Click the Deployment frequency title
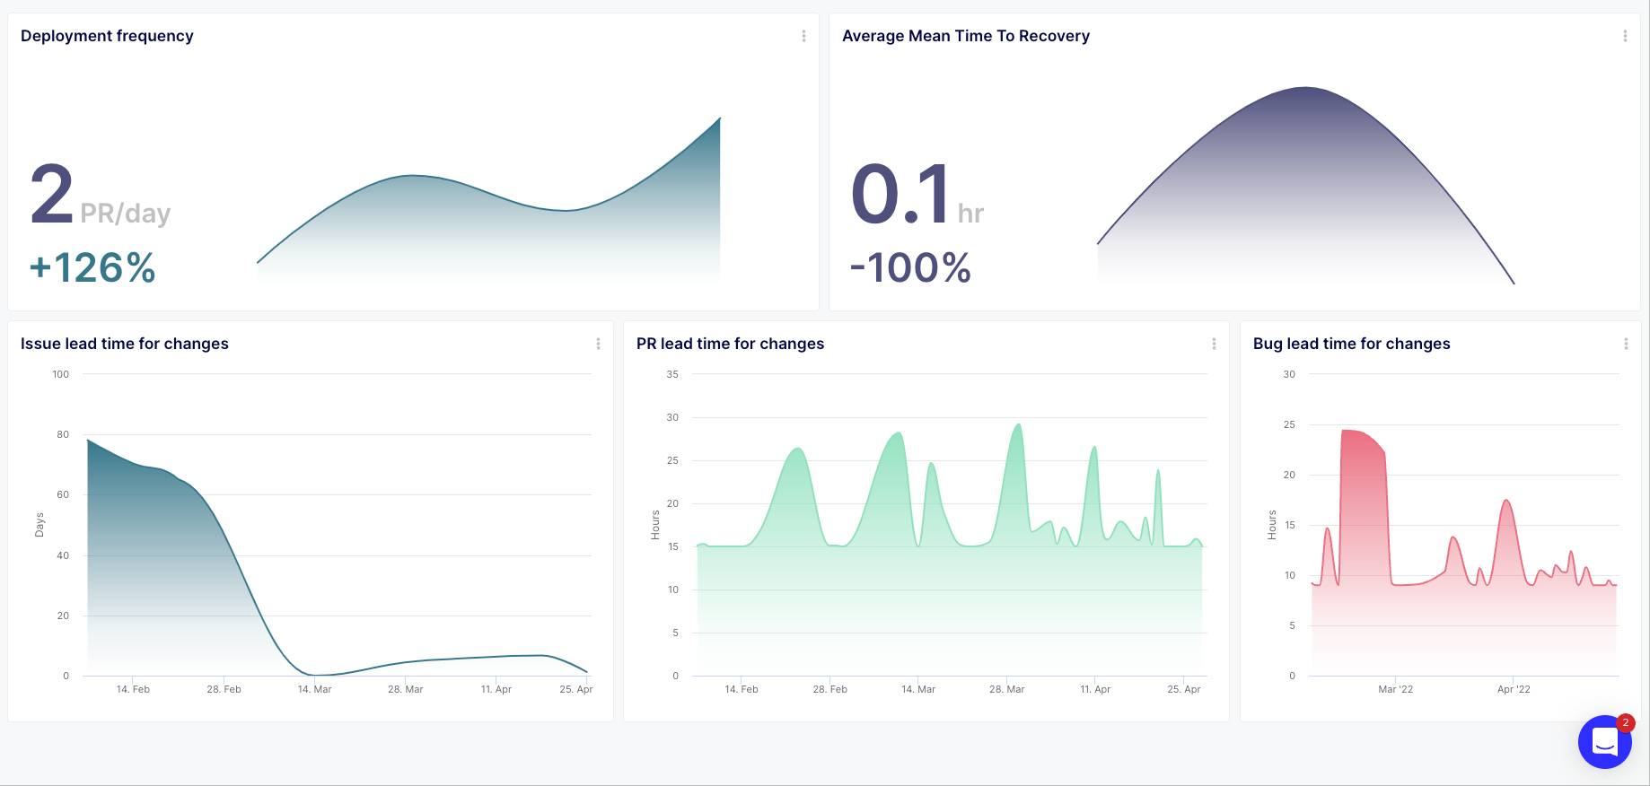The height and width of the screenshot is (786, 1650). click(x=107, y=36)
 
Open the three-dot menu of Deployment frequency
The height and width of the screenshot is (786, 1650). click(x=803, y=36)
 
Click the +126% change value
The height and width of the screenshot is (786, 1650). click(x=92, y=267)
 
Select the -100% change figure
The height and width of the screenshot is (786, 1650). click(x=910, y=267)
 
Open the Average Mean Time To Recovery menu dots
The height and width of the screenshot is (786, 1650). click(x=1625, y=36)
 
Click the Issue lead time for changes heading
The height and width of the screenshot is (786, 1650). click(x=125, y=344)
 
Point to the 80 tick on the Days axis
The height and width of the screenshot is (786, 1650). click(x=62, y=434)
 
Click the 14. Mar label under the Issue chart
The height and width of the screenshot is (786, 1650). click(x=314, y=689)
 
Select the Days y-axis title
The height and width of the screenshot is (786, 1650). click(x=39, y=525)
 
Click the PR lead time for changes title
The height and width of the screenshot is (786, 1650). click(x=730, y=344)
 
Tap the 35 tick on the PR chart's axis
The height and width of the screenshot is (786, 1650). click(x=672, y=374)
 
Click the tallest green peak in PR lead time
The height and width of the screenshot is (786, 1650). click(x=1017, y=427)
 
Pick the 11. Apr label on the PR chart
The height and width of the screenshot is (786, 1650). click(x=1095, y=689)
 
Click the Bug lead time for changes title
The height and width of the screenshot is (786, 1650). click(x=1351, y=344)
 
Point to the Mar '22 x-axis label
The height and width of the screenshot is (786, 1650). click(x=1395, y=689)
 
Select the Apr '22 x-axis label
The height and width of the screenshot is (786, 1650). click(x=1514, y=689)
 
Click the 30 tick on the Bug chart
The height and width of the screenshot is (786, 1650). click(x=1289, y=374)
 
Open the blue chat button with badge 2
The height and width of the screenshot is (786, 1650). click(x=1604, y=742)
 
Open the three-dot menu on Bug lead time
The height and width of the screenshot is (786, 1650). click(x=1626, y=344)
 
